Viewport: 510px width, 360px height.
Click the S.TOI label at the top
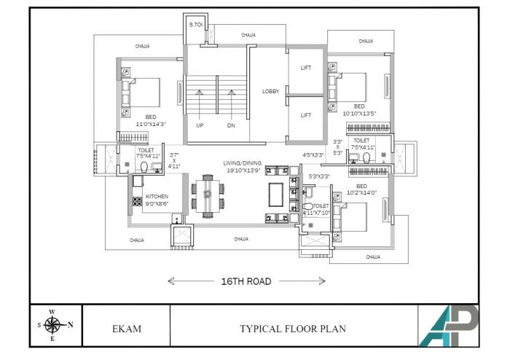coord(196,25)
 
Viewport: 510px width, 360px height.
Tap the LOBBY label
coord(272,91)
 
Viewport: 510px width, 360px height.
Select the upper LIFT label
coord(306,68)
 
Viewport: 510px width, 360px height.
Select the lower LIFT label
coord(306,115)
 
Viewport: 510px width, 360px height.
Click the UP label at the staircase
coord(200,125)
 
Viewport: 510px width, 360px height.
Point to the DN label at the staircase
coord(230,125)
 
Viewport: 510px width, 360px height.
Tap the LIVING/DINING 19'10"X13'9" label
coord(246,166)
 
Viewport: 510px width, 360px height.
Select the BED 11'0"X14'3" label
coord(150,121)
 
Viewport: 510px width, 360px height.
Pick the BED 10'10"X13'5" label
coord(359,110)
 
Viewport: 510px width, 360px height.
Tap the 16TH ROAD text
coord(247,281)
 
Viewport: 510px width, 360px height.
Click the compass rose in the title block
coord(52,325)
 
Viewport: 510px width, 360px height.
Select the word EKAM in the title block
coord(127,329)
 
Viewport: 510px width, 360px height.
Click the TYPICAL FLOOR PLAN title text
coord(293,329)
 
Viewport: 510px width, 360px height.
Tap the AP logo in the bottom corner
coord(448,325)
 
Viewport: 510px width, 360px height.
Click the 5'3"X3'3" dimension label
coord(319,176)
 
